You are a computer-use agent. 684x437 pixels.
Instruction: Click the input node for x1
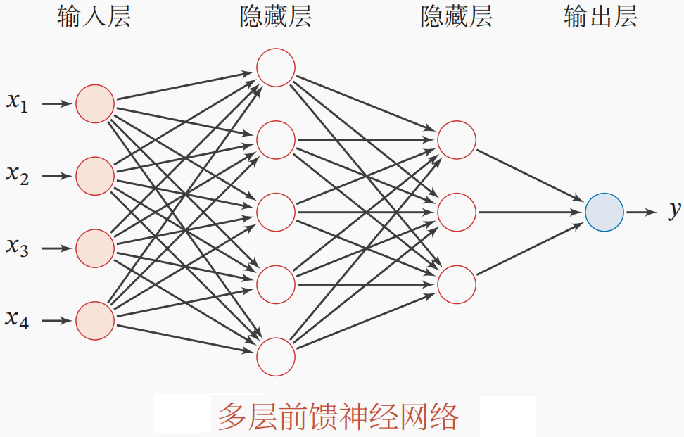[x=95, y=104]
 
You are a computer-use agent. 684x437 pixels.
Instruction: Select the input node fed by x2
[x=95, y=176]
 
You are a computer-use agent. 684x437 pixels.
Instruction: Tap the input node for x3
[x=95, y=248]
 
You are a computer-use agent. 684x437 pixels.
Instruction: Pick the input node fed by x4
[x=95, y=321]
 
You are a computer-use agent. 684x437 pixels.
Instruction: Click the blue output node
[x=604, y=212]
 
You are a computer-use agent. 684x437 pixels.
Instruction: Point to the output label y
[x=674, y=210]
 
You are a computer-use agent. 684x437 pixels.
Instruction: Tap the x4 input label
[x=18, y=319]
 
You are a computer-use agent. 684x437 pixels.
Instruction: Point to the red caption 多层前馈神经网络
[x=338, y=416]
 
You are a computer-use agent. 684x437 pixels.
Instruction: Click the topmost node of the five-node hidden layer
[x=276, y=68]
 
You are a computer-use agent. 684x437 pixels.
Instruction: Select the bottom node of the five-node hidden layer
[x=276, y=357]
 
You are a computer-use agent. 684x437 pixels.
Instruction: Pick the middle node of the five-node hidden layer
[x=276, y=212]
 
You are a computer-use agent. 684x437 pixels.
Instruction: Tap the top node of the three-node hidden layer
[x=457, y=140]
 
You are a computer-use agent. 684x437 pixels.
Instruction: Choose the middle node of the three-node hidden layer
[x=457, y=212]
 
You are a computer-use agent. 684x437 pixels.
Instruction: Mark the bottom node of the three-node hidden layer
[x=457, y=284]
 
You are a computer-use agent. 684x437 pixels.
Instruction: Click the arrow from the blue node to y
[x=642, y=212]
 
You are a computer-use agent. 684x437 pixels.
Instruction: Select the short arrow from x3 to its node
[x=58, y=248]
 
